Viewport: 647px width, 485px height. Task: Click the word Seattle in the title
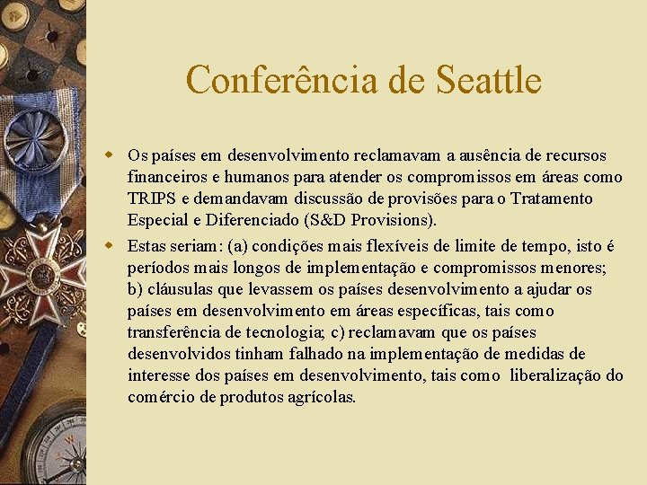[488, 80]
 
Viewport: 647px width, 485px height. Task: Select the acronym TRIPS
[152, 198]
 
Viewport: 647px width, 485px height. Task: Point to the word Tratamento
[549, 198]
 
